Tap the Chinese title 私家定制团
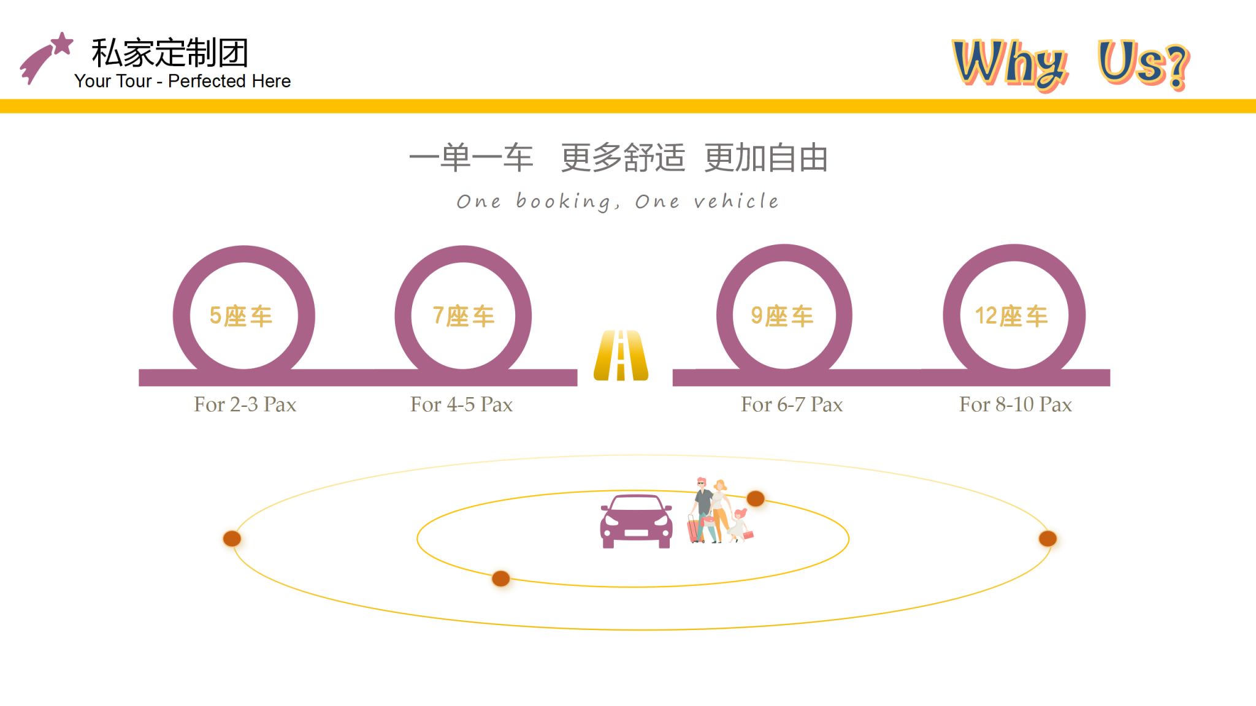170,53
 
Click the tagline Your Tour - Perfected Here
182,81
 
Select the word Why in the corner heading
1011,64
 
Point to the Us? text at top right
1144,64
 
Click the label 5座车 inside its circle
241,316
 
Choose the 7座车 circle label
464,316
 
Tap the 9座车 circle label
782,316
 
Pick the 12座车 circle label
1012,316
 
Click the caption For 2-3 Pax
245,404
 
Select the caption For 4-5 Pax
461,404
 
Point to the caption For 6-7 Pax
792,404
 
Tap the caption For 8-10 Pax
1016,404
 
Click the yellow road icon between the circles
621,355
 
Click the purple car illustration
636,521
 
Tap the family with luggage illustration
721,511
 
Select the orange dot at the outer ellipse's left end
232,539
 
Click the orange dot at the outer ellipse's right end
1047,539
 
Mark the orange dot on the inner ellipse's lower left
501,579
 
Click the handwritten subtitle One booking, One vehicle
618,202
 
